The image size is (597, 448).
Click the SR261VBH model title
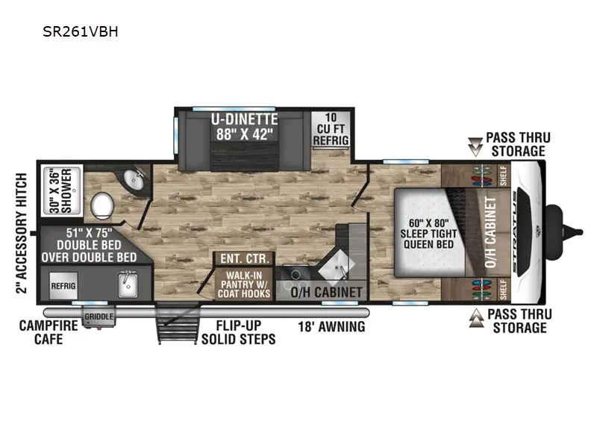(81, 31)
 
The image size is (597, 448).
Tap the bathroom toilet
(102, 205)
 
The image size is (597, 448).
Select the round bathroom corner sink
(134, 179)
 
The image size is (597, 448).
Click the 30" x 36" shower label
(61, 191)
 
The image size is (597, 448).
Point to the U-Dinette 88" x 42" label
(245, 127)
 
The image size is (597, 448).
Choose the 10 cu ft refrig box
(331, 128)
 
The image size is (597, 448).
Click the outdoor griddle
(99, 317)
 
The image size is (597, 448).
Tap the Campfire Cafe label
(49, 332)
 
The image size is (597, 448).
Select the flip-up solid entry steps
(178, 323)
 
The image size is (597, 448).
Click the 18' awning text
(331, 326)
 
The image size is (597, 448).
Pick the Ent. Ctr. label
(245, 258)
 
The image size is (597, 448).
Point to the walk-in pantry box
(244, 284)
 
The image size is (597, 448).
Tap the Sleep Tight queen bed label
(428, 234)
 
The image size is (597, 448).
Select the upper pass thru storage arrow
(475, 146)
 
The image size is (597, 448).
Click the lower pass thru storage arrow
(477, 319)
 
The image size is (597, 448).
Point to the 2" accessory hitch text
(22, 233)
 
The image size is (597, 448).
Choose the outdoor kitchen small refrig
(63, 286)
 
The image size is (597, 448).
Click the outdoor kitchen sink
(128, 284)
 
